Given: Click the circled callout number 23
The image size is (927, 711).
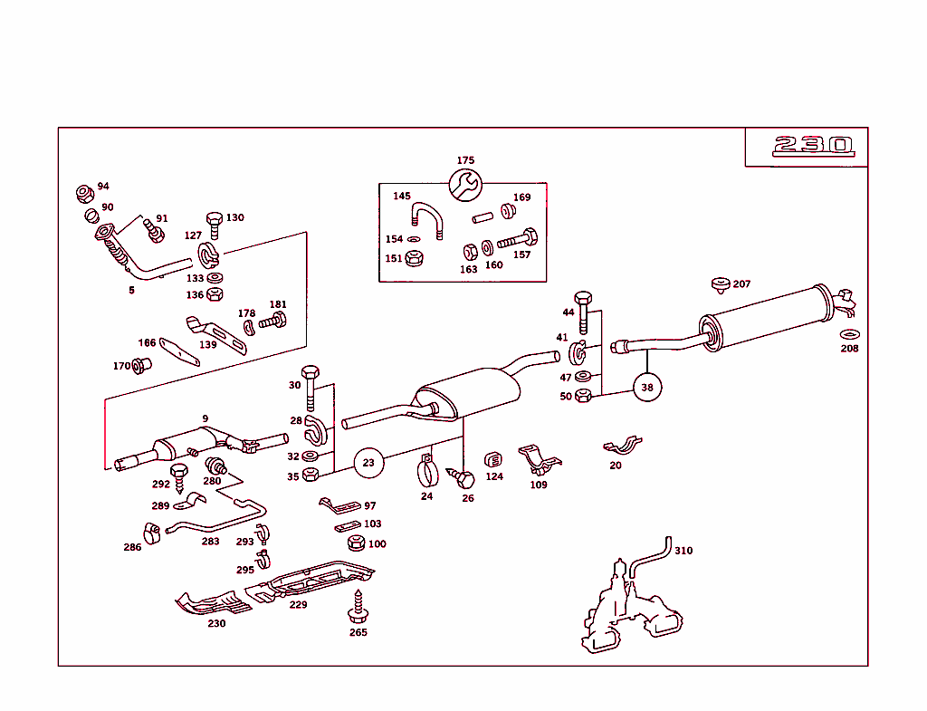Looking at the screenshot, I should (368, 462).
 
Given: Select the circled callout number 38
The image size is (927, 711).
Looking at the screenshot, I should (646, 387).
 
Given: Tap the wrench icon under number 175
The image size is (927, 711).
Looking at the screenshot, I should (465, 187).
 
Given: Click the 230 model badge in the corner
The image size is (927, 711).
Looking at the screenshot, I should (812, 146).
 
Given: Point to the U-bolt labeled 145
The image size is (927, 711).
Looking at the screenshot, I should (425, 220).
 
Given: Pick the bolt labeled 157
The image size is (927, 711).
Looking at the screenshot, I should (517, 240).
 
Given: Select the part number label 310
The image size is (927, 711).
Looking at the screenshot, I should (683, 551).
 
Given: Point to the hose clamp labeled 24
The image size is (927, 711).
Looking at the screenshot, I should (426, 472).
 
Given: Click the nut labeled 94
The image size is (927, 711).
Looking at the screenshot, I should (84, 194).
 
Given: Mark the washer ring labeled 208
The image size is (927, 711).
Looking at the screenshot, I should (849, 334).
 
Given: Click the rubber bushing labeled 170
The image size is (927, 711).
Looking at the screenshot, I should (141, 366).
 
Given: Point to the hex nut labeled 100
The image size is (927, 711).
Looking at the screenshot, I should (356, 543).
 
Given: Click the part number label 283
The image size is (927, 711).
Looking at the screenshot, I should (210, 542).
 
